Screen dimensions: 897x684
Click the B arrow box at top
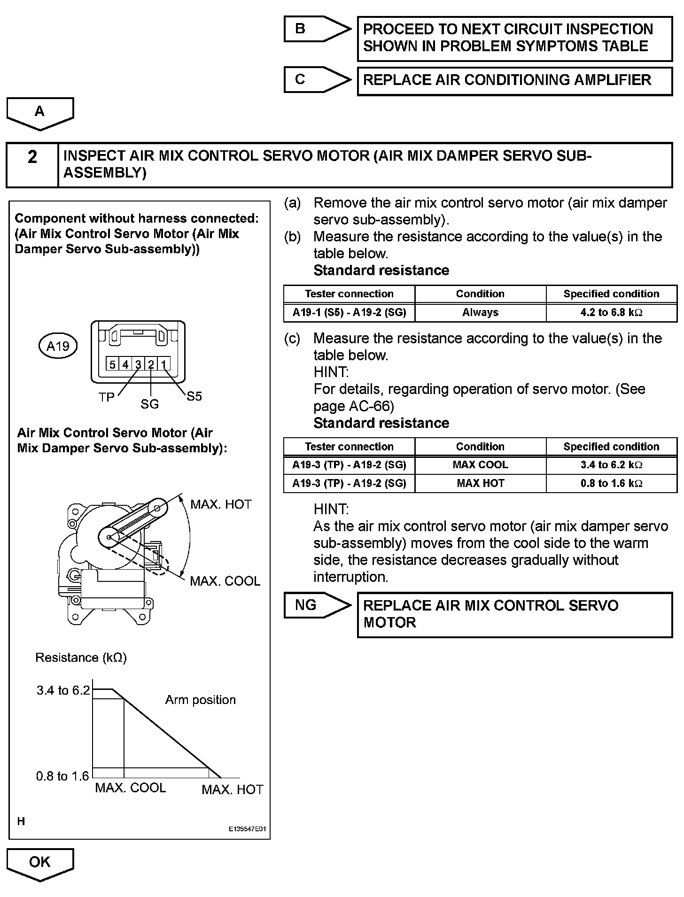coord(310,29)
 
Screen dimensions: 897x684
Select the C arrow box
coord(310,79)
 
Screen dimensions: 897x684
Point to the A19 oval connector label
coord(58,346)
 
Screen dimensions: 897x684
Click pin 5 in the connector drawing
coord(112,364)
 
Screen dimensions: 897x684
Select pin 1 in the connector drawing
coord(163,364)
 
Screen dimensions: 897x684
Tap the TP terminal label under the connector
coord(107,397)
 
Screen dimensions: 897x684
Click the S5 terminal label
coord(194,396)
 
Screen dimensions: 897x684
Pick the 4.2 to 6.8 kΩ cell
coord(611,312)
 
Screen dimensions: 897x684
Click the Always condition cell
coord(480,312)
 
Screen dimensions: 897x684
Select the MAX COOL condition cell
coord(480,465)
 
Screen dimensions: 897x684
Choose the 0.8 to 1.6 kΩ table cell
coord(611,483)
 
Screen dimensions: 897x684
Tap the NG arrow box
coord(310,605)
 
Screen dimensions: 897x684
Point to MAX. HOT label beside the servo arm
coord(221,504)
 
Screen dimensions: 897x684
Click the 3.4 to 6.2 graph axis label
coord(63,690)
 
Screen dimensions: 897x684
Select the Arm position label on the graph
coord(200,700)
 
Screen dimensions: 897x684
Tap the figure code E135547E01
coord(247,829)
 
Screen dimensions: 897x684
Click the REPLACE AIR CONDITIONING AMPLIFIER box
coord(514,80)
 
